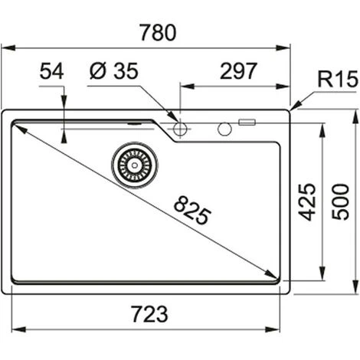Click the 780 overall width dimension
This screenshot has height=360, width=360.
tap(158, 32)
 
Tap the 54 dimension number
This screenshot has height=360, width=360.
tap(51, 71)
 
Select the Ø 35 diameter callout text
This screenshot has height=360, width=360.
tap(114, 70)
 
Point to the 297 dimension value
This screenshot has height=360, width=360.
tap(238, 70)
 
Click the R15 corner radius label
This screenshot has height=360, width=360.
tap(338, 79)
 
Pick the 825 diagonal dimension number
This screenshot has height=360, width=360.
tap(192, 210)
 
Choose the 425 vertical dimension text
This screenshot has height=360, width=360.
tap(307, 201)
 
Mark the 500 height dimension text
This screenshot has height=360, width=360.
tap(340, 201)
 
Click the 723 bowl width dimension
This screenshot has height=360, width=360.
tap(150, 314)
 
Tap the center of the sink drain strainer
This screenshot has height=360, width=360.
tap(135, 165)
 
